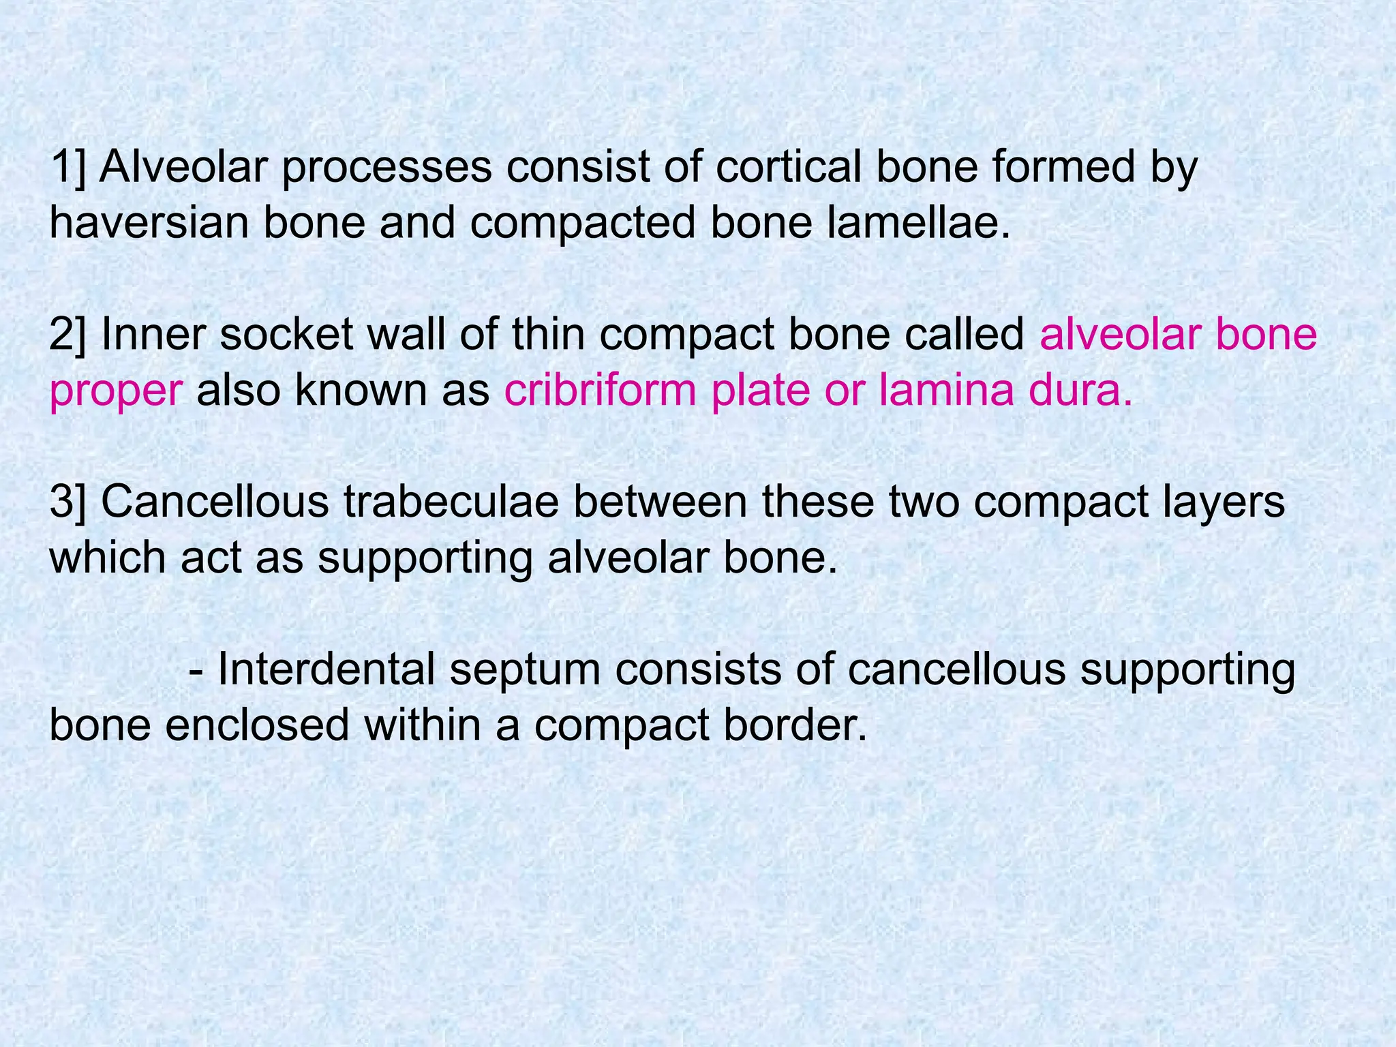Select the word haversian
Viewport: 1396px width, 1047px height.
pos(149,224)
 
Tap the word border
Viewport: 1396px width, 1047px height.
pos(795,725)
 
